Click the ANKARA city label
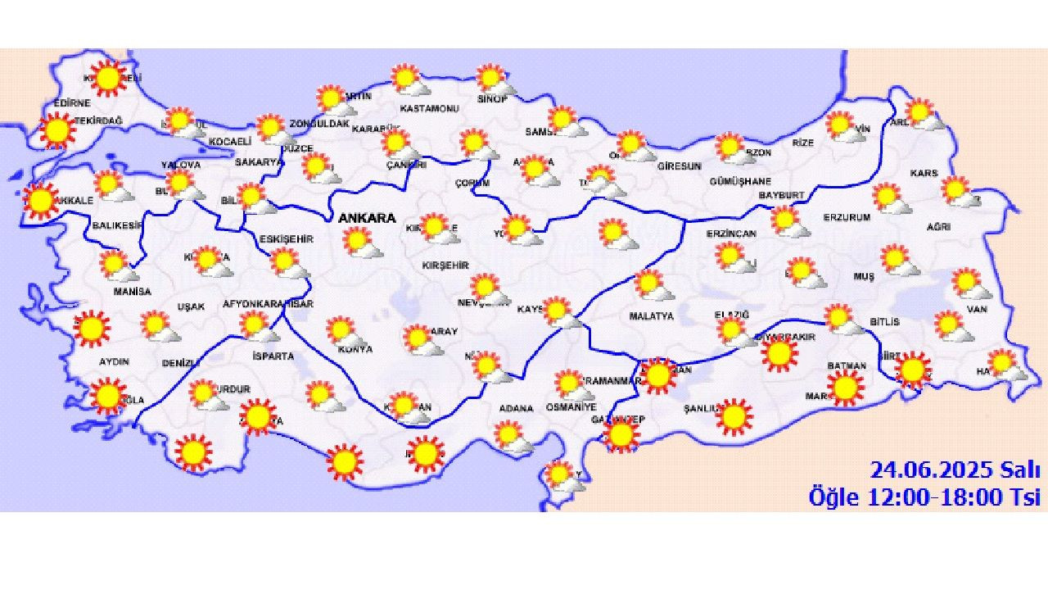pos(366,219)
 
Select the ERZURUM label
pos(847,218)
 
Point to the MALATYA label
pos(651,315)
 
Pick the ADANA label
pos(516,408)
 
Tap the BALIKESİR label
pos(117,225)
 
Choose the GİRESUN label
pos(680,166)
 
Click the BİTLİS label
pos(884,322)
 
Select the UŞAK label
pos(191,306)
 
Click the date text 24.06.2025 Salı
pos(955,470)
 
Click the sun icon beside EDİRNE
pos(57,130)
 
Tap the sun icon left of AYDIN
pos(91,328)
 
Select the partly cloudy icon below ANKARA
pos(359,243)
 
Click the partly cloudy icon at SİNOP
pos(494,79)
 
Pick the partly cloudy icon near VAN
pos(969,284)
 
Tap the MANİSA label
pos(133,292)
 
